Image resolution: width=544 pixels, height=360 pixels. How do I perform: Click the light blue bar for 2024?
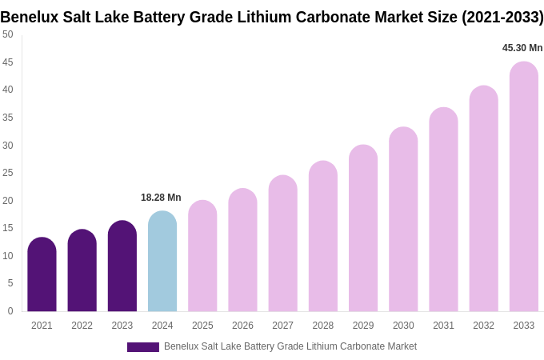point(162,262)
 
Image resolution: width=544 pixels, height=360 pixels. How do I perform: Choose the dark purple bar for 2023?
point(122,266)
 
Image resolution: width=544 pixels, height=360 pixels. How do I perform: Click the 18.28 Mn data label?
point(161,198)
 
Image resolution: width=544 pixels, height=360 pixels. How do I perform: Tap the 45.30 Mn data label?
point(522,48)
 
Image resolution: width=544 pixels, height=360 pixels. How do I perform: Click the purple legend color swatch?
point(142,347)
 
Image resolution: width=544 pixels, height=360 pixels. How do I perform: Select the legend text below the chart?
point(290,346)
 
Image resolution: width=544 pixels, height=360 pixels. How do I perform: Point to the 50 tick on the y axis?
point(8,34)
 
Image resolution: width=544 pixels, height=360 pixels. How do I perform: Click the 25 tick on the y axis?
point(8,173)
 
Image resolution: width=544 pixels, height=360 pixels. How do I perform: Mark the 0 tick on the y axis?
point(10,311)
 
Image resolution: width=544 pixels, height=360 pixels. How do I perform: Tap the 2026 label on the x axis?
point(242,326)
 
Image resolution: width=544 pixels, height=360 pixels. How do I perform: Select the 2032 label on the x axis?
point(483,326)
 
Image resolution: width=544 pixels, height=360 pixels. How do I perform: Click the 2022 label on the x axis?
point(82,326)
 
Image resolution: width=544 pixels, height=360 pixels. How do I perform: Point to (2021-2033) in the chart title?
point(502,17)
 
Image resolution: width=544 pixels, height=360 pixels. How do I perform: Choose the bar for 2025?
point(202,256)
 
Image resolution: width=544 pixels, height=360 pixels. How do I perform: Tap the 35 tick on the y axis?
point(8,118)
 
